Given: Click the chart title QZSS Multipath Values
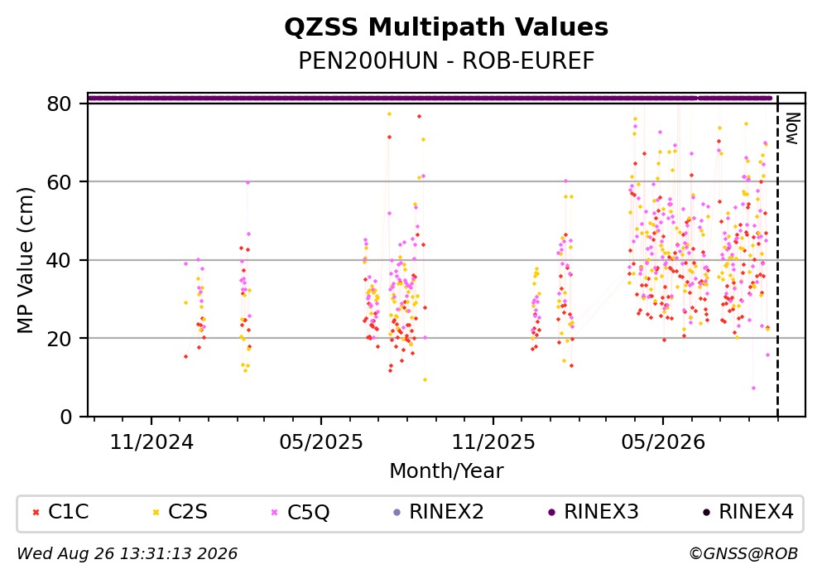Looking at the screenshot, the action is point(446,27).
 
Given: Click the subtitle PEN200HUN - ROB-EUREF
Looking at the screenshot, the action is point(446,60).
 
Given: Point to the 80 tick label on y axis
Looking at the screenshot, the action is point(59,104).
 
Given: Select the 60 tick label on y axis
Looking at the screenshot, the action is point(59,182).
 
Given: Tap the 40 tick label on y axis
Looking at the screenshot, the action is point(59,260).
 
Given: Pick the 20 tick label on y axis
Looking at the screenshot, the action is point(59,338).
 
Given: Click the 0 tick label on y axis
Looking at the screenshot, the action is point(65,417).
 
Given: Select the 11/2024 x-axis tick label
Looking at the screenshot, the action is point(151,442).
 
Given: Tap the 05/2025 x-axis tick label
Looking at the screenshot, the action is point(321,442).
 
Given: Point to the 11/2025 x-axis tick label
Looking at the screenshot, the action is point(493,442).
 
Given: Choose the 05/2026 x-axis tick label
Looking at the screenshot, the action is point(663,442).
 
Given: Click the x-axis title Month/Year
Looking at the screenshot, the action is point(446,471).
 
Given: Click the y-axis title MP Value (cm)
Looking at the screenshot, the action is point(25,260).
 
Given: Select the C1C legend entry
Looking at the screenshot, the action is point(60,512).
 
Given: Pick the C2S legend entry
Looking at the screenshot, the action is point(180,512).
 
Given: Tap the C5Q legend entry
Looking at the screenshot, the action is point(300,512).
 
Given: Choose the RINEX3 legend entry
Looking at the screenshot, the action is point(593,512).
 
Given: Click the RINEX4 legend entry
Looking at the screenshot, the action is point(748,512).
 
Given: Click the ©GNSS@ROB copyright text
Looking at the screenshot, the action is point(743,554).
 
